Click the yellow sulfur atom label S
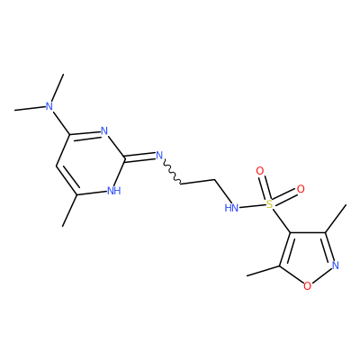coord(270,204)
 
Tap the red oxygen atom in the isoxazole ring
coord(307,286)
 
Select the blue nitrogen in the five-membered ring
coord(336,265)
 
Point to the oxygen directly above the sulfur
coord(260,171)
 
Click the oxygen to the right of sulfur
coord(301,189)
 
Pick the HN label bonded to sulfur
coord(231,208)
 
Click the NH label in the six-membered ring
coord(114,191)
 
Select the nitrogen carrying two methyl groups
coord(49,106)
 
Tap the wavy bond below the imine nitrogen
coord(171,173)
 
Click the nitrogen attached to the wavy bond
coord(159,156)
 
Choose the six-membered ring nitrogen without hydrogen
coord(104,131)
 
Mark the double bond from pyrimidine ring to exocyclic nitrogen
coord(139,157)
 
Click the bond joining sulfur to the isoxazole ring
coord(282,220)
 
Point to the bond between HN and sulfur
coord(252,206)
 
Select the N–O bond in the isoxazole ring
coord(322,276)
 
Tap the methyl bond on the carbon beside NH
coord(70,211)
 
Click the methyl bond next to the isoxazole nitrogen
coord(336,219)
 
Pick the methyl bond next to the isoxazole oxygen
coord(263,271)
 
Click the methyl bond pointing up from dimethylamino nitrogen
coord(58,87)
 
